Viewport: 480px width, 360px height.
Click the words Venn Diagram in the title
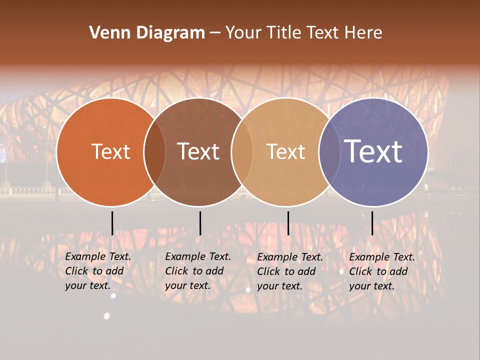click(x=147, y=33)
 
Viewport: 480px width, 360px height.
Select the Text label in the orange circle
click(x=110, y=151)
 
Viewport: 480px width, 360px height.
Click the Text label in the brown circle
click(x=198, y=151)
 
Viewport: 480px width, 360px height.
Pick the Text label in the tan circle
click(x=286, y=151)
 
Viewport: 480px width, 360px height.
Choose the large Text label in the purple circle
click(x=373, y=151)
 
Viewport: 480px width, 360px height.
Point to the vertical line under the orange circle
click(x=112, y=223)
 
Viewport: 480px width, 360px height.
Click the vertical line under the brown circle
click(x=200, y=223)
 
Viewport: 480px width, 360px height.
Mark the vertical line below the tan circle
click(x=288, y=223)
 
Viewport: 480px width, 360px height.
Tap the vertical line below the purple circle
click(x=372, y=223)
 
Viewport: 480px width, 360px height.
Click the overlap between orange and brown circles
click(x=154, y=151)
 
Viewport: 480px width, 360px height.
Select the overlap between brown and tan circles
click(x=242, y=151)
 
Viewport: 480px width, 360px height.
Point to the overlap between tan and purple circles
click(x=329, y=151)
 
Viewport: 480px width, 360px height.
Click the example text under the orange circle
click(x=97, y=271)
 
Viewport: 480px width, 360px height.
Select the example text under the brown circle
click(x=197, y=271)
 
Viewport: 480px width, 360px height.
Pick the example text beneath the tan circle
click(x=289, y=271)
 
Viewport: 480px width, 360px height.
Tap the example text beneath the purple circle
click(x=381, y=271)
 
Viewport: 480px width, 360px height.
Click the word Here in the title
click(x=363, y=33)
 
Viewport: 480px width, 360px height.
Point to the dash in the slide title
click(x=215, y=33)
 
